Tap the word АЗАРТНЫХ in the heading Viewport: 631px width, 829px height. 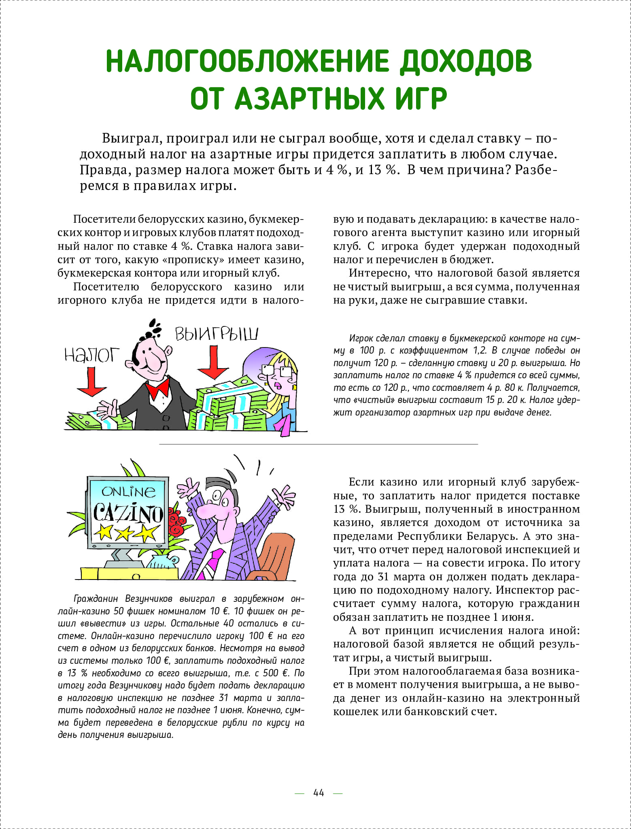coord(310,98)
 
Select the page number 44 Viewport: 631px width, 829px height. coord(319,793)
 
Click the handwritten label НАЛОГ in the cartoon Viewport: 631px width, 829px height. coord(92,355)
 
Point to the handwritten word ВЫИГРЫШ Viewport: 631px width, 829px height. coord(216,335)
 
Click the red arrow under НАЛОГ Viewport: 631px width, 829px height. coord(91,382)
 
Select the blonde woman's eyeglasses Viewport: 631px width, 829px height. coord(278,369)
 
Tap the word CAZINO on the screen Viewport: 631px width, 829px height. coord(128,513)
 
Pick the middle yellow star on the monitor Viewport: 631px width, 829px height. coord(124,534)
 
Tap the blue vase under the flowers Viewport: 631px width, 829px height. coord(160,563)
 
